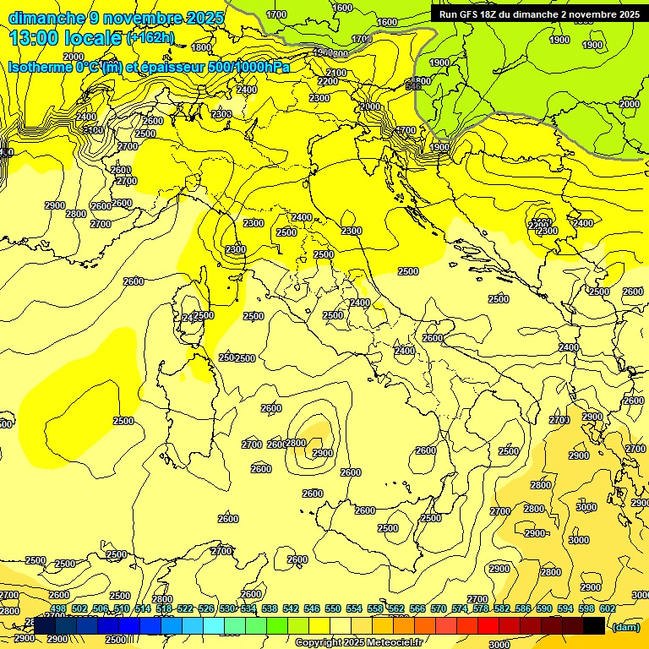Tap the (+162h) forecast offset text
point(150,37)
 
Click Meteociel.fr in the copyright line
point(393,643)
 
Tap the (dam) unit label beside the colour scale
point(626,627)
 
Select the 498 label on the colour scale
point(57,608)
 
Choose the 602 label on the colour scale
point(607,608)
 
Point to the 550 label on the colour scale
point(332,608)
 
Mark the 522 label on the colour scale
point(184,608)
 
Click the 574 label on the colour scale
point(459,608)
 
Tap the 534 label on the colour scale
point(248,608)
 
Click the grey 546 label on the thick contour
point(413,86)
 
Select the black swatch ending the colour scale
point(593,625)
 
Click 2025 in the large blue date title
point(206,18)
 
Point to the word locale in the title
point(92,37)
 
